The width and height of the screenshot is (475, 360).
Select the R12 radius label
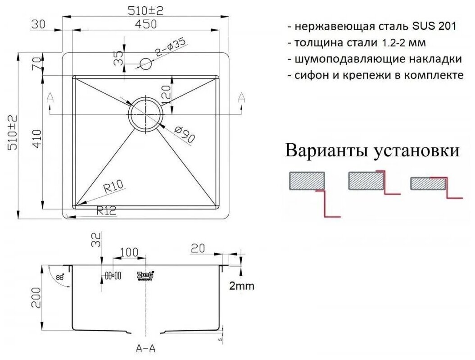[x=106, y=209]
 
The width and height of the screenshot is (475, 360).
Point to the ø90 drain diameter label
[x=183, y=134]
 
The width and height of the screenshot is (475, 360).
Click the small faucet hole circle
[x=146, y=64]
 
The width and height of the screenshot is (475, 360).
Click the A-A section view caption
[x=145, y=349]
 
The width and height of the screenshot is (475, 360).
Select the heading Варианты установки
[x=373, y=150]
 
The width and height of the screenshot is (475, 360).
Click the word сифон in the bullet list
[x=310, y=75]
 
